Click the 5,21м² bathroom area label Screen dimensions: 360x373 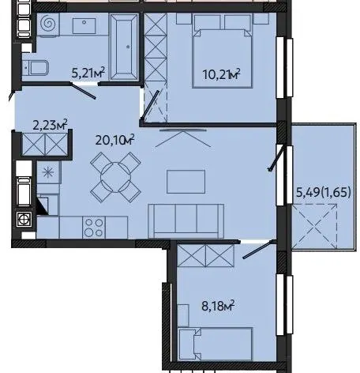88,73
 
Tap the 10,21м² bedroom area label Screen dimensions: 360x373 221,74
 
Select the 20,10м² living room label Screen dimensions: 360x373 114,140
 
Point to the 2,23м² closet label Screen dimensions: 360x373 50,125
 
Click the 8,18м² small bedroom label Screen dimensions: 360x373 218,306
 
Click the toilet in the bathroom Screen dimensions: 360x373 36,68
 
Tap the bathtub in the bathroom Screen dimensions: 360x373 124,47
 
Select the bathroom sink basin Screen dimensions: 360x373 84,26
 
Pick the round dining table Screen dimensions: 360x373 115,177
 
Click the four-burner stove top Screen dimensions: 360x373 94,228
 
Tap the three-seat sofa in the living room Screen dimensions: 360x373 186,221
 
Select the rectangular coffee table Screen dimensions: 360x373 186,182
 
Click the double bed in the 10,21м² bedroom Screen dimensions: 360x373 223,51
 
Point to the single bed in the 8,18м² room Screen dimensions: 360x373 216,344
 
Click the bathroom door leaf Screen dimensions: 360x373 83,91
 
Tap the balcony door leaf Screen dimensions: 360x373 276,157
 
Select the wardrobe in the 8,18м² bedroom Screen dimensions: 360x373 205,255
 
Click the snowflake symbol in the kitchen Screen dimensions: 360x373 48,172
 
